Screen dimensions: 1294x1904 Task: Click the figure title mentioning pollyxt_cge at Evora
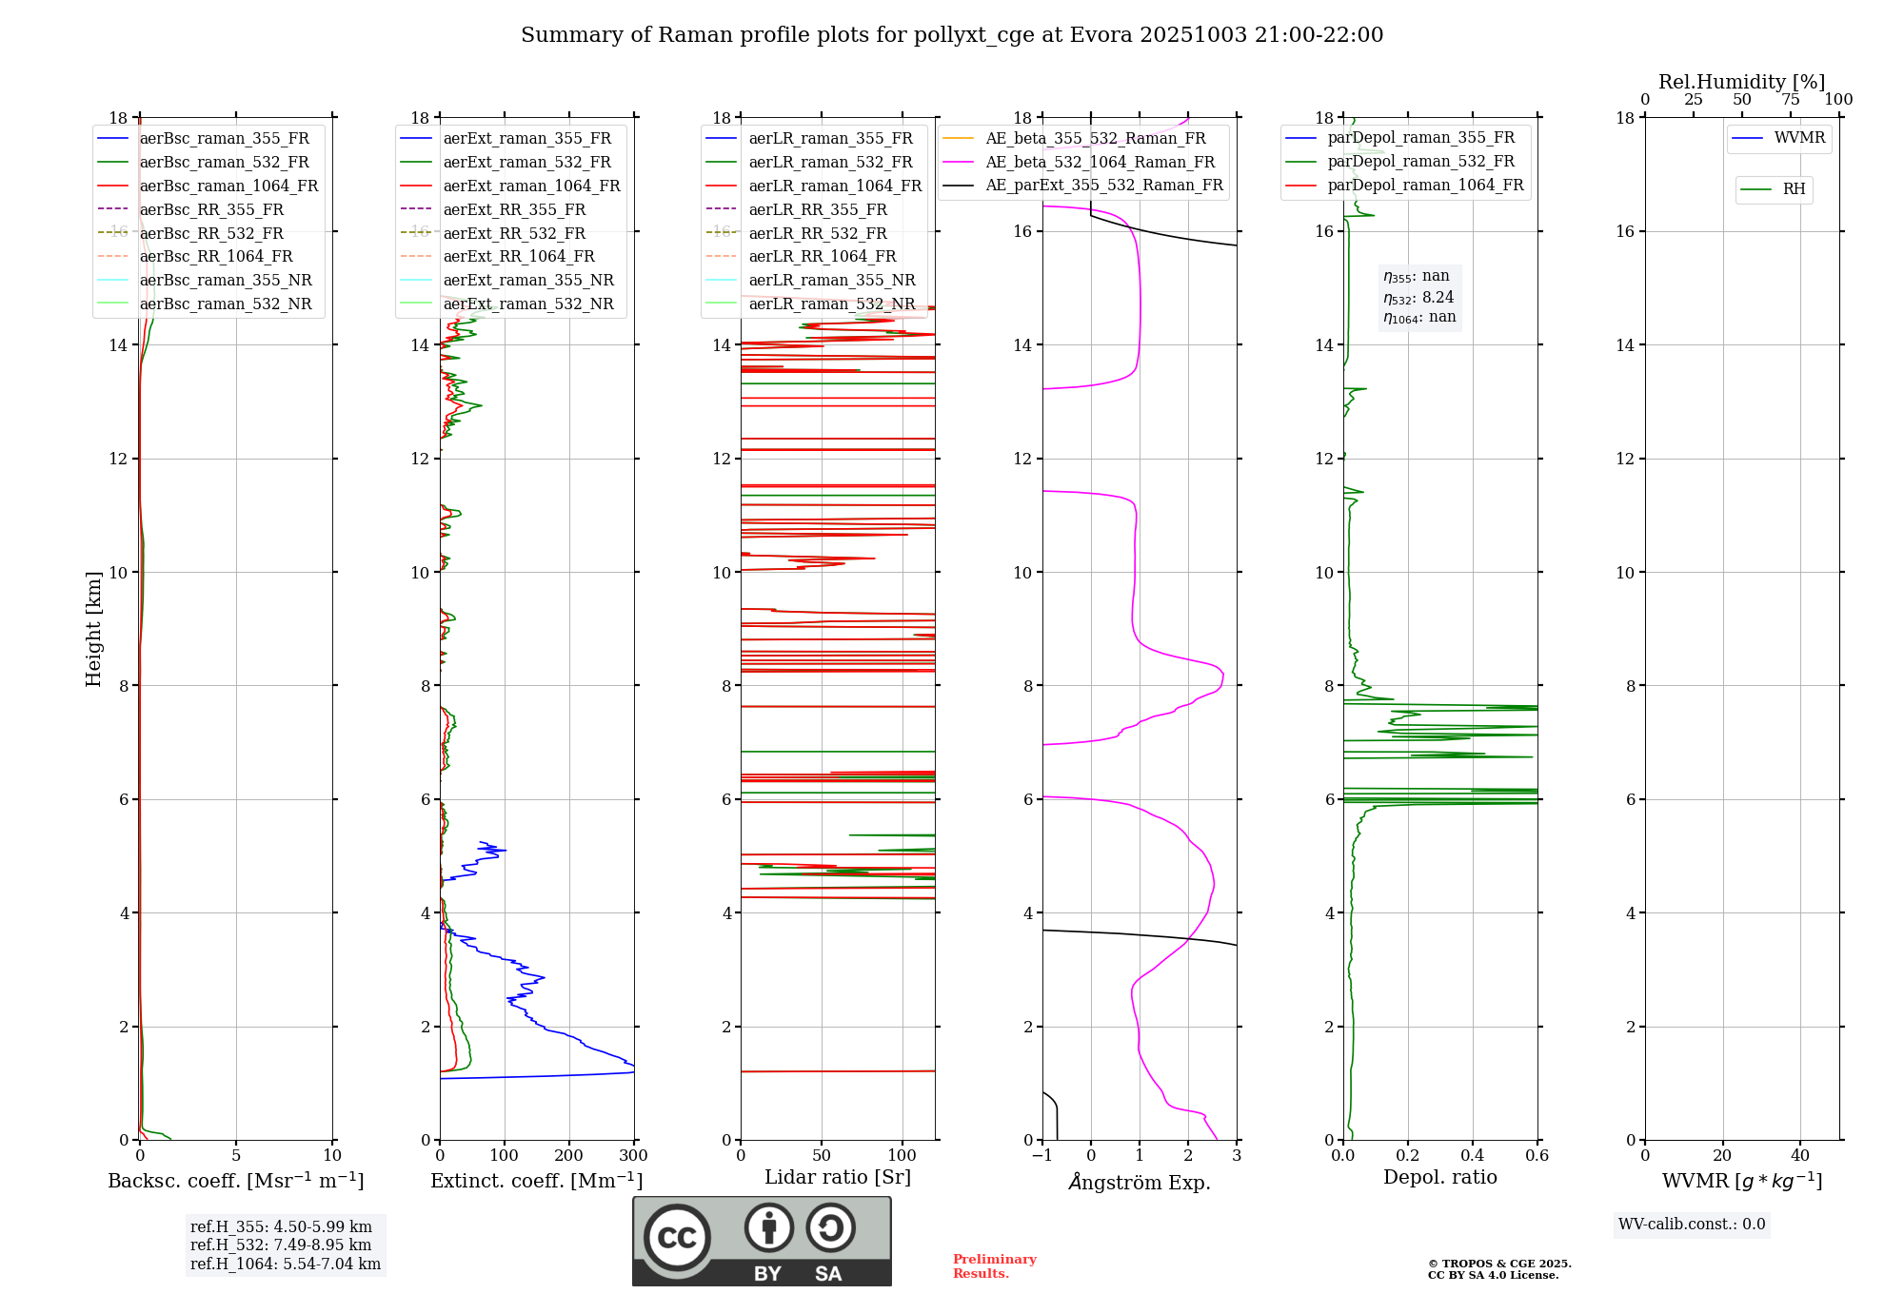pyautogui.click(x=951, y=35)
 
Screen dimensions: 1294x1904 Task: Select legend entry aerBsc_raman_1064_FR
pyautogui.click(x=228, y=186)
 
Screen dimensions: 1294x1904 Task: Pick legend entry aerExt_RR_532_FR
pyautogui.click(x=514, y=233)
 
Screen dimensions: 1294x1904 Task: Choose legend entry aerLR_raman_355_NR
pyautogui.click(x=831, y=280)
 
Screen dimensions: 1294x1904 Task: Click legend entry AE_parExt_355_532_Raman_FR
pyautogui.click(x=1103, y=185)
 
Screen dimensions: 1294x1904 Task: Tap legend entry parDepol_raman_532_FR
pyautogui.click(x=1420, y=162)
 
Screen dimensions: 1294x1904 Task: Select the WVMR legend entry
pyautogui.click(x=1798, y=138)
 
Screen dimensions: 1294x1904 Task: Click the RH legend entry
pyautogui.click(x=1794, y=189)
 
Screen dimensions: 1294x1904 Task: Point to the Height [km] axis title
pyautogui.click(x=93, y=628)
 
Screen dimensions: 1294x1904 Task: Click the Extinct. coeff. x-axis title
pyautogui.click(x=537, y=1181)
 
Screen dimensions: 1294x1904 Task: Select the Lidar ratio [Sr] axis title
pyautogui.click(x=838, y=1177)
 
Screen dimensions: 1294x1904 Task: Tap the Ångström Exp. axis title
pyautogui.click(x=1140, y=1182)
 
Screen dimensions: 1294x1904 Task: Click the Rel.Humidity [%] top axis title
pyautogui.click(x=1741, y=82)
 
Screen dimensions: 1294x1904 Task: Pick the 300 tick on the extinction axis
pyautogui.click(x=633, y=1156)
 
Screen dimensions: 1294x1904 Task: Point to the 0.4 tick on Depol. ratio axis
pyautogui.click(x=1473, y=1156)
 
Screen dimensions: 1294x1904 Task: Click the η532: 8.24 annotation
pyautogui.click(x=1418, y=297)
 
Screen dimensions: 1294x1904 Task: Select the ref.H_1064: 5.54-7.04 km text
pyautogui.click(x=286, y=1265)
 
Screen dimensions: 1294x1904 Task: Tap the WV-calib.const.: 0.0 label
pyautogui.click(x=1692, y=1225)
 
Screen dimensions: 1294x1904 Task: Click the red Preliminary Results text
pyautogui.click(x=994, y=1266)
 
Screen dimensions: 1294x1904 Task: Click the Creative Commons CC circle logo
pyautogui.click(x=677, y=1237)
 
